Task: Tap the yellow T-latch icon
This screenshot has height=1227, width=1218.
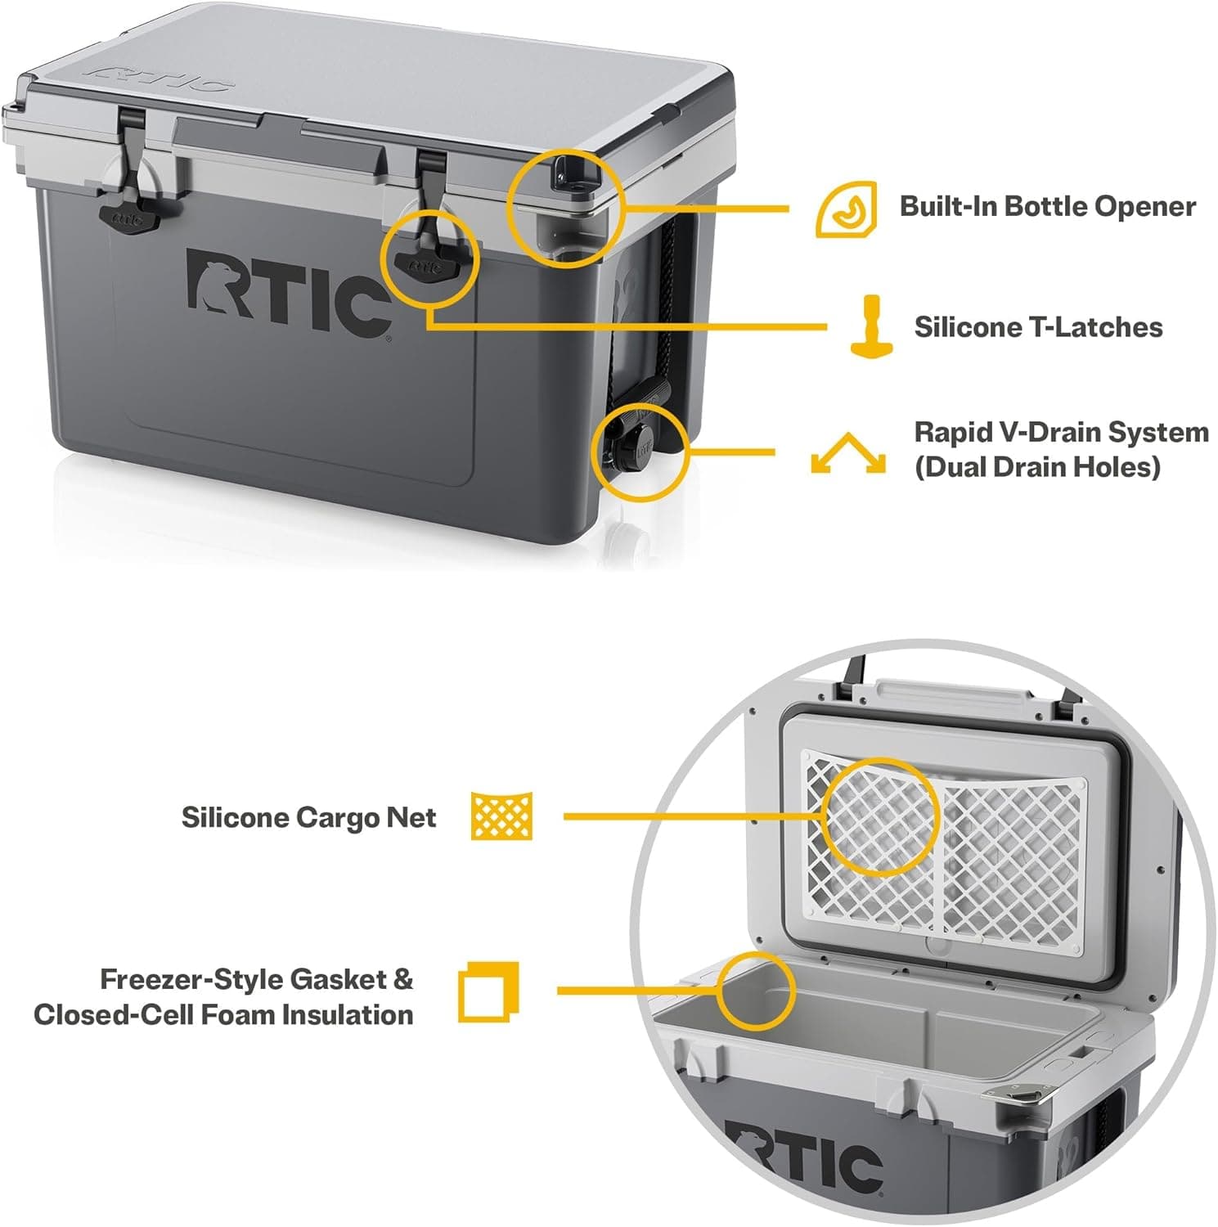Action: pos(872,326)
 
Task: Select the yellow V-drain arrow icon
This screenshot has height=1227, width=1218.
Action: pos(847,453)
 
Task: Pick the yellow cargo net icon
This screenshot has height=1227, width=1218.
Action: pos(501,816)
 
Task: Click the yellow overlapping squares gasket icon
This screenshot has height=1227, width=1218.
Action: pos(488,991)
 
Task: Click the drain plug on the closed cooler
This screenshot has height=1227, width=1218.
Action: pos(632,451)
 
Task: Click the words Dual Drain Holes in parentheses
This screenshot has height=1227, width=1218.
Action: pos(1037,467)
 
